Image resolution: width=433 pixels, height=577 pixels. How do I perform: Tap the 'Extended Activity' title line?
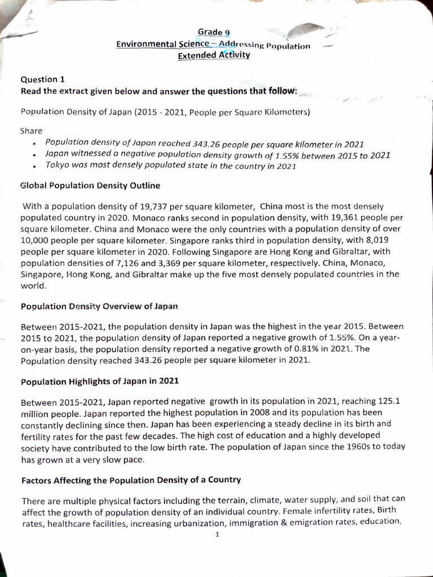(x=214, y=55)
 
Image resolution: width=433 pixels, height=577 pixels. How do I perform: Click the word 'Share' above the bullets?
(x=31, y=131)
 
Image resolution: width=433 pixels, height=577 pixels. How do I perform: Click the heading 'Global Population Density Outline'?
(x=90, y=185)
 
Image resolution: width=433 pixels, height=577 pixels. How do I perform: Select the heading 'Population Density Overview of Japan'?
(x=99, y=307)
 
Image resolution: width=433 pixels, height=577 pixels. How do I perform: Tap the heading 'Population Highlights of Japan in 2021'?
(x=100, y=381)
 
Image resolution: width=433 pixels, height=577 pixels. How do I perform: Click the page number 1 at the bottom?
(x=217, y=535)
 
